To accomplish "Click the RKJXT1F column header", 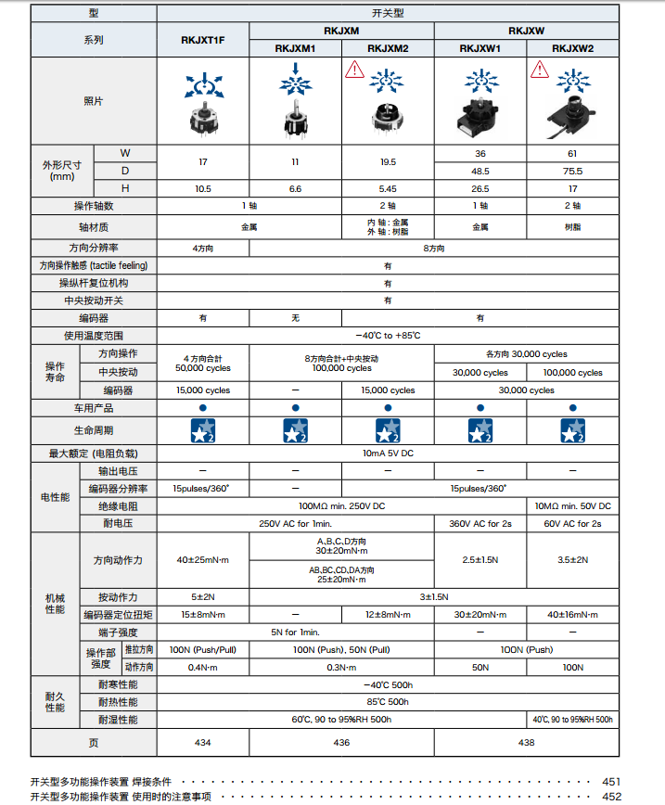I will coord(202,40).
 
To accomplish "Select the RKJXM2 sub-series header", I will coord(388,48).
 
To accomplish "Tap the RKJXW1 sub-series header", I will coord(480,48).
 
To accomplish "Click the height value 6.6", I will coord(295,188).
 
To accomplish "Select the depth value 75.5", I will coord(572,171).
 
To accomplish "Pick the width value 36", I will coord(480,153).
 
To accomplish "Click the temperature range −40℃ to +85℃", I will coord(388,335).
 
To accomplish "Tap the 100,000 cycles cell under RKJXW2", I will coord(572,373).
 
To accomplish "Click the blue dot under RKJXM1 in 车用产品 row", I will coord(295,407).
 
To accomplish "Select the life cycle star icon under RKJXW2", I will coord(572,430).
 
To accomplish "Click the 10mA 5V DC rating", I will coord(388,454).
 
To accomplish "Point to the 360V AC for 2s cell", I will coord(480,524).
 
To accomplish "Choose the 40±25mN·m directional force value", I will coord(202,560).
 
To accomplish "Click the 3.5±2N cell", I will coord(572,560).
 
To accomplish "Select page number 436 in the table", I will coord(341,742).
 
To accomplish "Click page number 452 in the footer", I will coord(611,796).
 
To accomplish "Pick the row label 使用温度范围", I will coord(93,335).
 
